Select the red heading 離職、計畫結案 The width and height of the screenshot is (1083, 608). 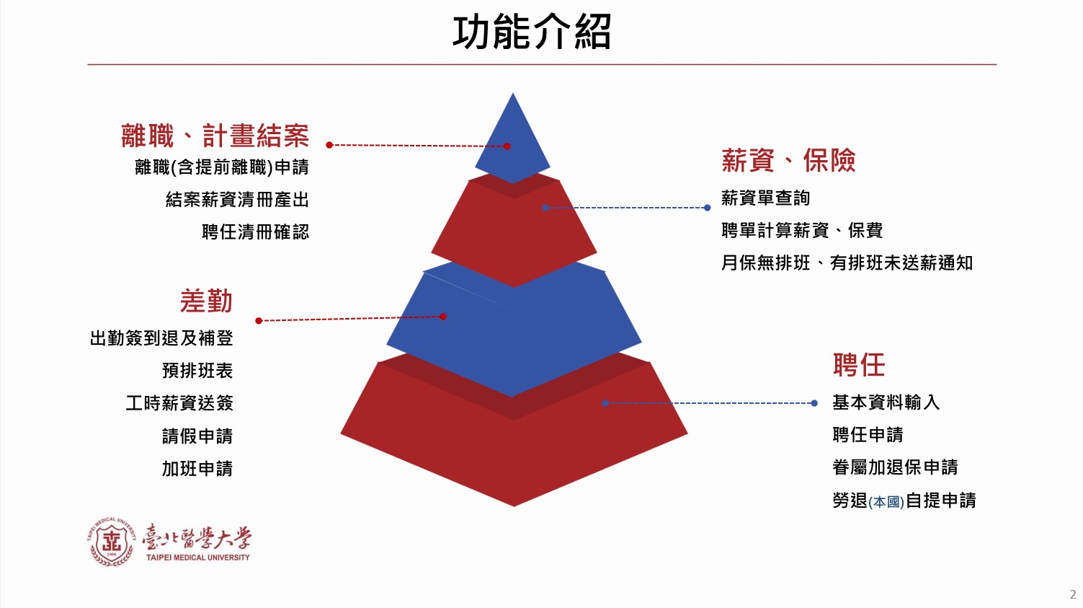pos(215,136)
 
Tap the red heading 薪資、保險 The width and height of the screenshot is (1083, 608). pos(788,160)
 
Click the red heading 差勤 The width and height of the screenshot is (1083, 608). pos(207,301)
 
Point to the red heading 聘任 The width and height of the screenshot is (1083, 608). pos(859,365)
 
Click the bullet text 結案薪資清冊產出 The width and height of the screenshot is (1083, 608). pos(237,200)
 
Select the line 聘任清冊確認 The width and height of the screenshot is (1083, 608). pos(255,232)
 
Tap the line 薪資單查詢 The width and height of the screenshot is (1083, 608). pos(765,198)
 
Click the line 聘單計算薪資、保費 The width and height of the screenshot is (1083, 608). pos(802,230)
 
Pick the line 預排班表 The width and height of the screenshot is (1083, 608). pos(197,371)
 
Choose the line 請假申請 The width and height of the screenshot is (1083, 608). pos(197,436)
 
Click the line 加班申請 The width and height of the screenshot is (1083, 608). pos(197,469)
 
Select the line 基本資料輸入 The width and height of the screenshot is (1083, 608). pos(886,402)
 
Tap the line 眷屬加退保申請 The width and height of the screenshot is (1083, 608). pos(895,467)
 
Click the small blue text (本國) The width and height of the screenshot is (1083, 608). pos(886,502)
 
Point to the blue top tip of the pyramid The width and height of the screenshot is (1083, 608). pos(513,94)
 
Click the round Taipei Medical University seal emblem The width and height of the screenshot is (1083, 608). pos(112,541)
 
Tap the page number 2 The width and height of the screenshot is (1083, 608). pos(1073,594)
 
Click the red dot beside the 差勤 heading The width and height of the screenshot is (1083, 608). pos(259,321)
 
